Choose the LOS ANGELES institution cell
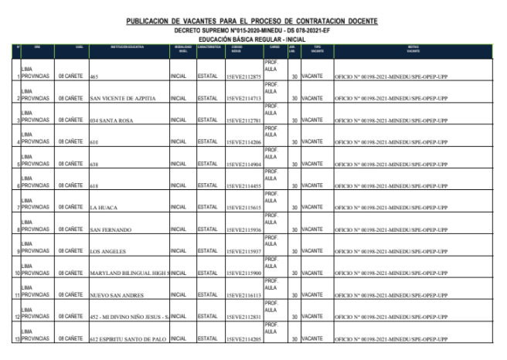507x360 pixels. coord(107,252)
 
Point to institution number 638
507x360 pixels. coord(94,165)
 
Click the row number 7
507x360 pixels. coord(15,208)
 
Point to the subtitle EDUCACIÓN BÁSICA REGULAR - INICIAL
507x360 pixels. coord(253,38)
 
